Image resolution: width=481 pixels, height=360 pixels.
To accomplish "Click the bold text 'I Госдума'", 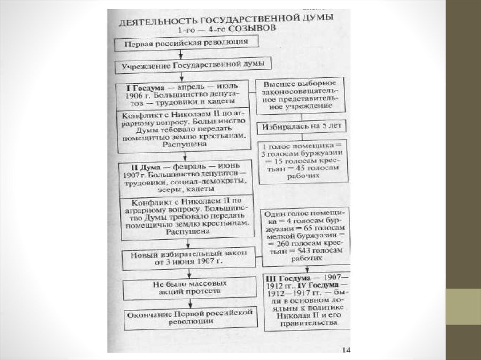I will pos(143,87).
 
